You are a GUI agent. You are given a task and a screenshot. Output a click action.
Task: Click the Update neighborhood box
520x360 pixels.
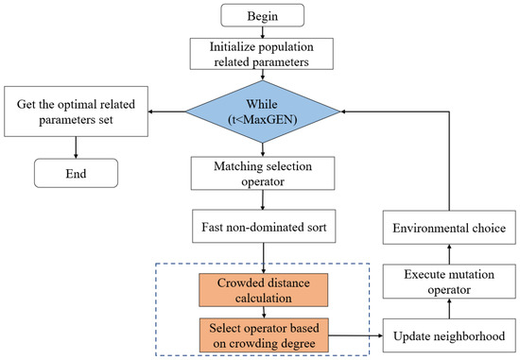pyautogui.click(x=449, y=334)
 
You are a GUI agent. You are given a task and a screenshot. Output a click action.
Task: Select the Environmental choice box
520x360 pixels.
pyautogui.click(x=449, y=228)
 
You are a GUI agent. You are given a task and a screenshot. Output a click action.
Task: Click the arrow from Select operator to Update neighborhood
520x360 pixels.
pyautogui.click(x=355, y=334)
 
